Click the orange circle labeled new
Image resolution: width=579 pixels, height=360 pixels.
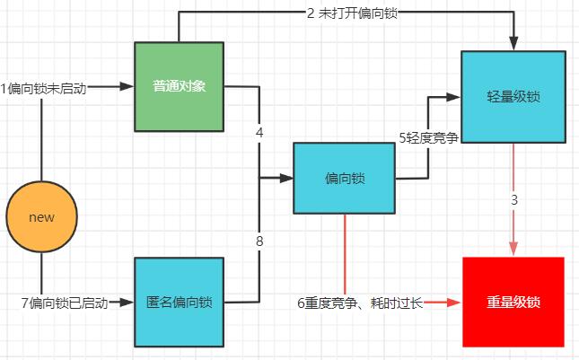42,217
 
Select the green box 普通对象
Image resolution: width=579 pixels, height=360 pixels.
178,87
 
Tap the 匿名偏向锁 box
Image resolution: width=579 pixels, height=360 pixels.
179,303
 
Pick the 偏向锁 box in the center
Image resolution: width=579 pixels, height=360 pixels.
345,178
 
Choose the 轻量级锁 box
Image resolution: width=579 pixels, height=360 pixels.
513,97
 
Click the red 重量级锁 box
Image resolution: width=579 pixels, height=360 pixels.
513,302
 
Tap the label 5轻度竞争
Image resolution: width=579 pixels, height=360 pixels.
428,137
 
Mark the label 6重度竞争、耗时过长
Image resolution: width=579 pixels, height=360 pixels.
359,303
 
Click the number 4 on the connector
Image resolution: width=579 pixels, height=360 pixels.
259,133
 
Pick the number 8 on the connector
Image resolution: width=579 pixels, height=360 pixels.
259,240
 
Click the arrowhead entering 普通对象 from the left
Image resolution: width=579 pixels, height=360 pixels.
127,87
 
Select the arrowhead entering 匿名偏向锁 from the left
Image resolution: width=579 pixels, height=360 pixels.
127,303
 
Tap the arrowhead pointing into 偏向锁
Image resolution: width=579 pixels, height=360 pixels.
286,178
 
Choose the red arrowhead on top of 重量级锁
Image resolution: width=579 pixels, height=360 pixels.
513,250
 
